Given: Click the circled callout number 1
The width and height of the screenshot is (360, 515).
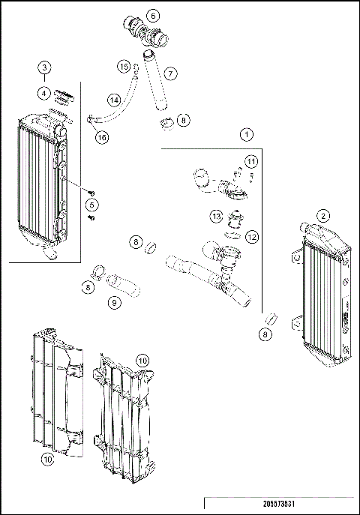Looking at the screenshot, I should pyautogui.click(x=246, y=135).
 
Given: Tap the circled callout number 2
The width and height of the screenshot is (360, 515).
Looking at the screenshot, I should pyautogui.click(x=323, y=215).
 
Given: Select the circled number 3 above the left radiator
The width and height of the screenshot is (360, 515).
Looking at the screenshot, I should pyautogui.click(x=46, y=68).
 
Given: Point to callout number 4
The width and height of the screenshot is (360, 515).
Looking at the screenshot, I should pyautogui.click(x=46, y=94).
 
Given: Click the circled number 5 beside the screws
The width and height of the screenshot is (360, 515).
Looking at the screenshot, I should pyautogui.click(x=92, y=205).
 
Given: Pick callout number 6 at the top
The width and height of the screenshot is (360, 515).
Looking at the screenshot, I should pyautogui.click(x=152, y=15).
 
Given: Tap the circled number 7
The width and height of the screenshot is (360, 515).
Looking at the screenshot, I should pyautogui.click(x=171, y=73).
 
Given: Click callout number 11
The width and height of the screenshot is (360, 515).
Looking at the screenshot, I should pyautogui.click(x=252, y=161).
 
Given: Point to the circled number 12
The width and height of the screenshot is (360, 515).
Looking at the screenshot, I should pyautogui.click(x=252, y=237).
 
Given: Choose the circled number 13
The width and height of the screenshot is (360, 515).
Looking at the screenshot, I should pyautogui.click(x=215, y=217).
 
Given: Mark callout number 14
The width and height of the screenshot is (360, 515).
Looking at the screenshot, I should pyautogui.click(x=113, y=100).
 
